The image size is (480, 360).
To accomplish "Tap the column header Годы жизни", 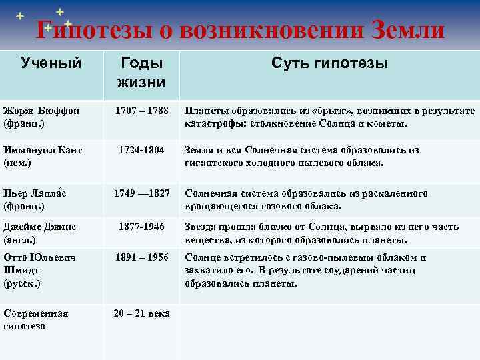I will tap(141, 73).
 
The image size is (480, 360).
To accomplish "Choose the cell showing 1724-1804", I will tap(141, 151).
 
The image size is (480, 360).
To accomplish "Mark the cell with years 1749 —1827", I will tap(141, 193).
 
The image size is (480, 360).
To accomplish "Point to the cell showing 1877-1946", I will tap(141, 227).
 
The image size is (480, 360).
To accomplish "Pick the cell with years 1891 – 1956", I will tap(141, 257).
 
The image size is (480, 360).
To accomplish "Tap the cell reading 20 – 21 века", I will tap(141, 313).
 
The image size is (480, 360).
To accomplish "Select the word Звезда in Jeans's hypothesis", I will tap(202, 227).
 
